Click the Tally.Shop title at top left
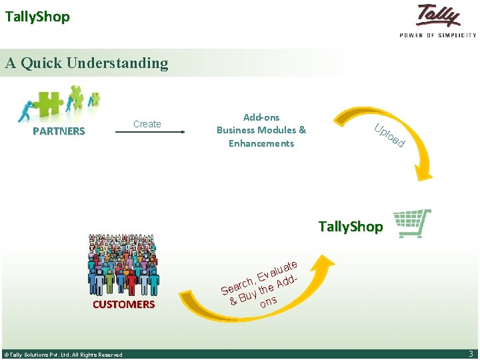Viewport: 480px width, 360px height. pyautogui.click(x=37, y=17)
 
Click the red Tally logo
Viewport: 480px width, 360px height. pyautogui.click(x=438, y=16)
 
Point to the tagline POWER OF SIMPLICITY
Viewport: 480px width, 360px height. pyautogui.click(x=438, y=35)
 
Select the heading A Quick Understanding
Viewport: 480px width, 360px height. pyautogui.click(x=87, y=63)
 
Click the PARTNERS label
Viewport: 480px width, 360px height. pyautogui.click(x=59, y=131)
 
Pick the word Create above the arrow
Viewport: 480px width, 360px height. pyautogui.click(x=147, y=124)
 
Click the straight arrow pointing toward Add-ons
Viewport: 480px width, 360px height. pyautogui.click(x=151, y=133)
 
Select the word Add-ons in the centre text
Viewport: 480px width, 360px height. pyautogui.click(x=261, y=117)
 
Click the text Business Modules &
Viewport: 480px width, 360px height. pyautogui.click(x=261, y=130)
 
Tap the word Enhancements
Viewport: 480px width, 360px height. pyautogui.click(x=261, y=143)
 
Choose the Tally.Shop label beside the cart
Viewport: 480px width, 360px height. pyautogui.click(x=351, y=227)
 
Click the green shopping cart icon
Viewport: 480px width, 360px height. pyautogui.click(x=411, y=224)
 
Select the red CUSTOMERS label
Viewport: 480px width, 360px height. pyautogui.click(x=123, y=305)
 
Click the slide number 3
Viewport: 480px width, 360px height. pyautogui.click(x=471, y=354)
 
